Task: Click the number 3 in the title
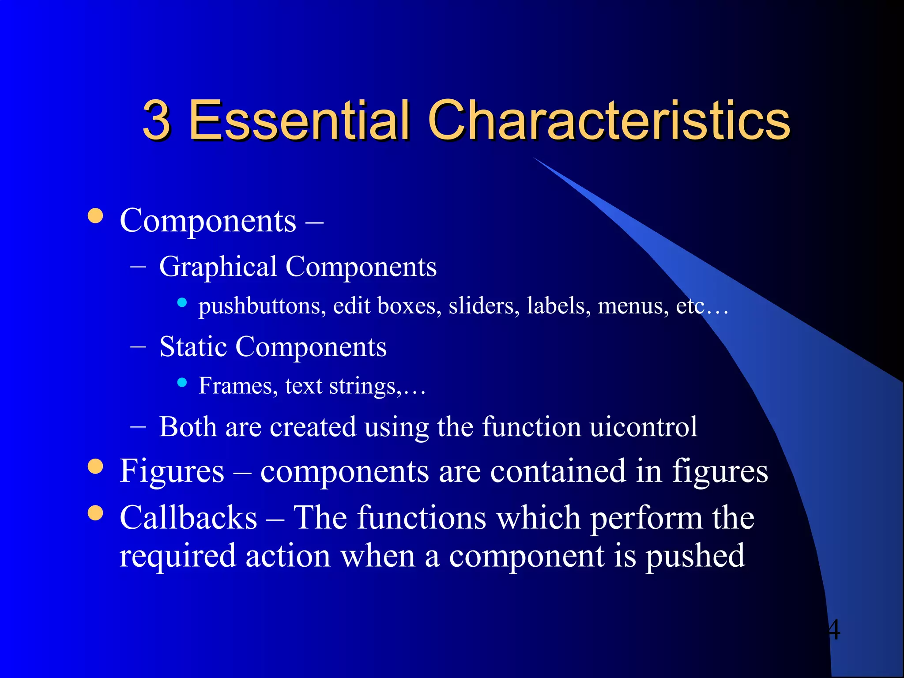point(157,120)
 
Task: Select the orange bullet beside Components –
point(95,216)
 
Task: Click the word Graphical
point(218,267)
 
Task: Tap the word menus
point(633,305)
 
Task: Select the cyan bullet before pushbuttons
point(182,302)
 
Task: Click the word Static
point(193,347)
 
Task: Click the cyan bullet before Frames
point(182,382)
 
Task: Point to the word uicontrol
point(643,427)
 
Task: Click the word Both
point(188,427)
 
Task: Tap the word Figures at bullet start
point(172,471)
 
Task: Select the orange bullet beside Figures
point(95,467)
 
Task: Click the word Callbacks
point(188,517)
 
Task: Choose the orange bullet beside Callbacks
point(95,513)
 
